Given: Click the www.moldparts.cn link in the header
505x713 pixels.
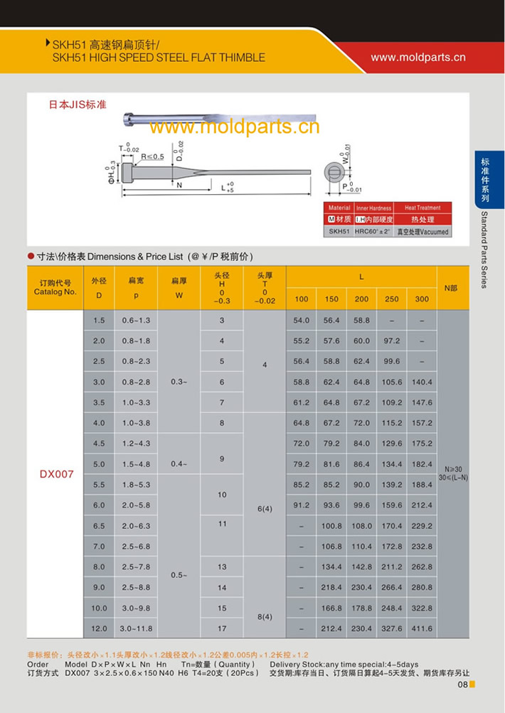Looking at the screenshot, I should [418, 57].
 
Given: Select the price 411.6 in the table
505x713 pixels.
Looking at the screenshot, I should [422, 628].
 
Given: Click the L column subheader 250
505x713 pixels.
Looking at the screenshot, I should [392, 299].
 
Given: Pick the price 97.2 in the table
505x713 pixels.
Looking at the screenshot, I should [392, 341].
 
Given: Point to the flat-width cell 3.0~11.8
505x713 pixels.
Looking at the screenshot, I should [136, 628].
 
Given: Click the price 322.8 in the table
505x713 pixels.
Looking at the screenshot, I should [422, 609].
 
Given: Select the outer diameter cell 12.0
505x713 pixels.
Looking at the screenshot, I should [100, 628].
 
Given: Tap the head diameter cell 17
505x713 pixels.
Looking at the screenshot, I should [222, 628].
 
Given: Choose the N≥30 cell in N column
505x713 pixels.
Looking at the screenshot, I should [452, 469].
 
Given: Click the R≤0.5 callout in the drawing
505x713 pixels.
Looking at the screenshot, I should [152, 156].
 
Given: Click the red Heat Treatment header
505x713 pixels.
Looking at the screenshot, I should [423, 208].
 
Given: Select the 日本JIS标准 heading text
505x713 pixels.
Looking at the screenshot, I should [78, 104].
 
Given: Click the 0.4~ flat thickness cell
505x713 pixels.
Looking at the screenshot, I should [179, 464].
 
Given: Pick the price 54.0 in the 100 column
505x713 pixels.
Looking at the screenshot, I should [302, 321].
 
